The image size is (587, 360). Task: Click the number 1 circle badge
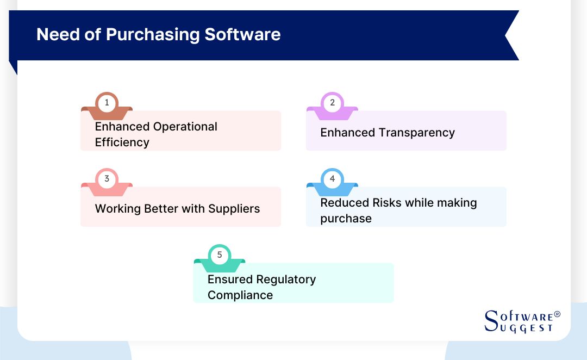click(x=107, y=102)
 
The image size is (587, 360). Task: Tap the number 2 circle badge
click(x=332, y=102)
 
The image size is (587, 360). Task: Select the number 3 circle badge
click(x=107, y=178)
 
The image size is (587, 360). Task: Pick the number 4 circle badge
click(x=332, y=178)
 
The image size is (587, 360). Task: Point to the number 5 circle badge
click(x=220, y=255)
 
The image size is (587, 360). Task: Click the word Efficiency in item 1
click(x=122, y=142)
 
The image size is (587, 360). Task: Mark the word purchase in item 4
click(x=346, y=219)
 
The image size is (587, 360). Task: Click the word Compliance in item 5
click(x=240, y=295)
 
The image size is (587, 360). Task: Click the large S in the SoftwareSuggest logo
click(x=491, y=321)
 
